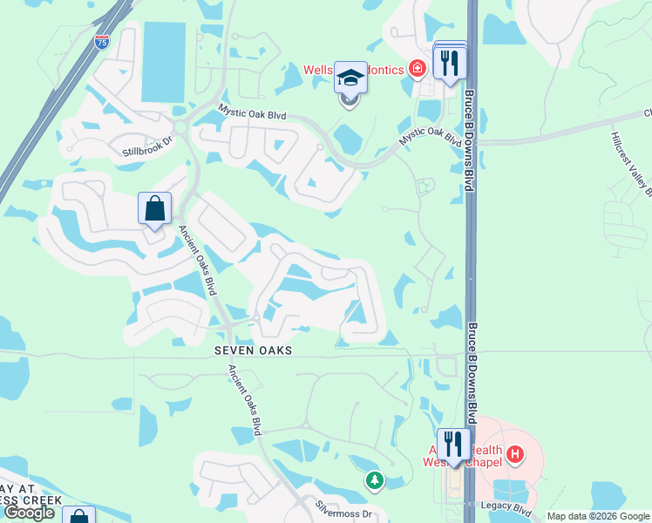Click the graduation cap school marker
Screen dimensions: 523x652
click(350, 78)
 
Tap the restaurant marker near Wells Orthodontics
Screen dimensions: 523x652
click(450, 63)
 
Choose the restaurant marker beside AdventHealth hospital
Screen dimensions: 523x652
click(453, 445)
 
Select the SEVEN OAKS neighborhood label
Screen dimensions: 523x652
click(254, 350)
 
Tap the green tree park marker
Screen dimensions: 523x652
click(374, 479)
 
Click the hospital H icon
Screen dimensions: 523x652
click(515, 453)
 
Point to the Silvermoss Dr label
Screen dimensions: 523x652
click(343, 514)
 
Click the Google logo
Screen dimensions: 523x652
click(30, 513)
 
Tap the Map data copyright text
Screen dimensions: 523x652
click(598, 517)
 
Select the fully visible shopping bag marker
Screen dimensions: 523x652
click(154, 208)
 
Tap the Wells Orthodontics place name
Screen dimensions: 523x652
click(353, 69)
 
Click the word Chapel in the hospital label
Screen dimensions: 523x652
click(486, 461)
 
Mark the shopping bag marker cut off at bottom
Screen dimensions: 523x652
click(78, 515)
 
